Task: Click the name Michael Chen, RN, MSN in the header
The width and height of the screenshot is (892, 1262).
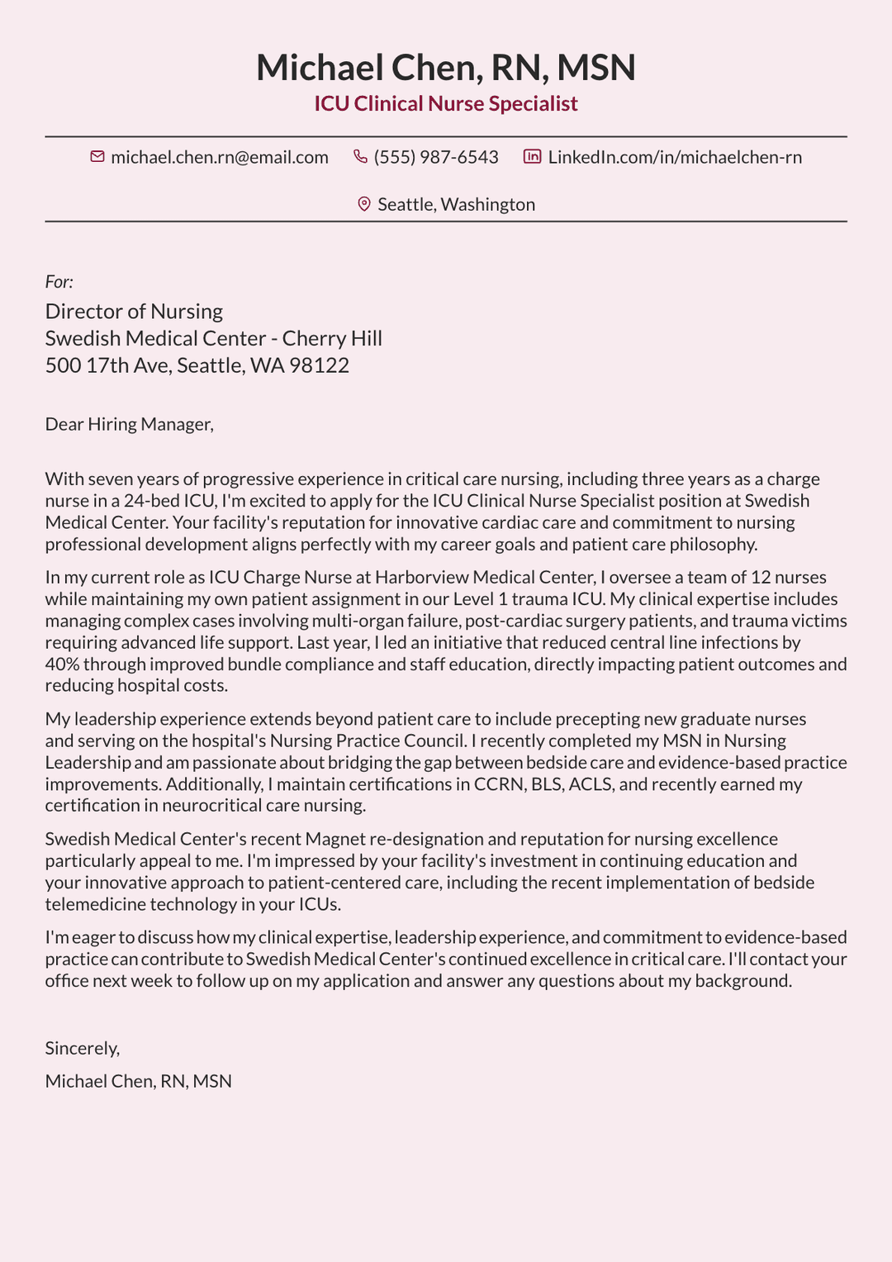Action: pos(446,68)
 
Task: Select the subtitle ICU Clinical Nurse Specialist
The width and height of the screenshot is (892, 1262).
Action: pos(446,104)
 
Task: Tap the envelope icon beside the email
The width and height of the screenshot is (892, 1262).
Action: pos(97,156)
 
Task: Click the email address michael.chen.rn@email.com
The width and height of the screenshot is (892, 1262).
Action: pos(220,157)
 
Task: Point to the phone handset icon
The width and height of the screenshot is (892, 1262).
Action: pos(360,156)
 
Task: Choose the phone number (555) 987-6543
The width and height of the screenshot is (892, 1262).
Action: pos(436,157)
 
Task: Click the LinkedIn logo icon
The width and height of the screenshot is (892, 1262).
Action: pos(533,156)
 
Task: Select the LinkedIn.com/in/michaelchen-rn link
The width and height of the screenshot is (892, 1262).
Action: pos(675,157)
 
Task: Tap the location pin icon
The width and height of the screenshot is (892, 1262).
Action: pos(364,204)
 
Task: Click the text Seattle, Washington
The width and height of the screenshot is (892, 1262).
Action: pos(456,204)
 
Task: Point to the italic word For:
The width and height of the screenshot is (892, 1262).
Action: pos(59,282)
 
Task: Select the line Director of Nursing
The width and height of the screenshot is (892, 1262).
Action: pos(134,312)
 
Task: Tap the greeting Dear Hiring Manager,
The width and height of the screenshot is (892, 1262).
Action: pos(130,425)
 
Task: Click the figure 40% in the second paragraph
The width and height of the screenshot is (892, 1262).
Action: pos(62,664)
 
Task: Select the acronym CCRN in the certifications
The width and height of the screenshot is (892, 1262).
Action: pos(498,784)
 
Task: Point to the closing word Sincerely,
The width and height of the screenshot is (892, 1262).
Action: pos(83,1049)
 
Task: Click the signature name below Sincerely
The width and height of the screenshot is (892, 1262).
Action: pos(139,1082)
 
